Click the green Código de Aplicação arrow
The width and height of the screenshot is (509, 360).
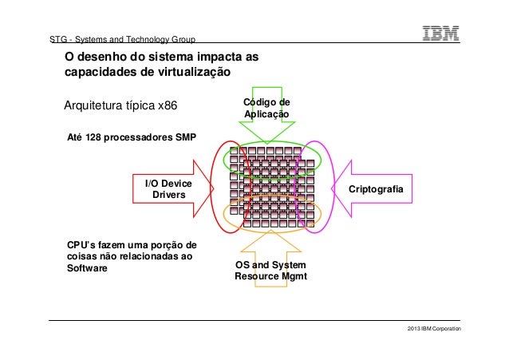266,111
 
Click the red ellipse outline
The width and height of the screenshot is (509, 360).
213,188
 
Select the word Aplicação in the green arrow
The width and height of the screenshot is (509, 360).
266,115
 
